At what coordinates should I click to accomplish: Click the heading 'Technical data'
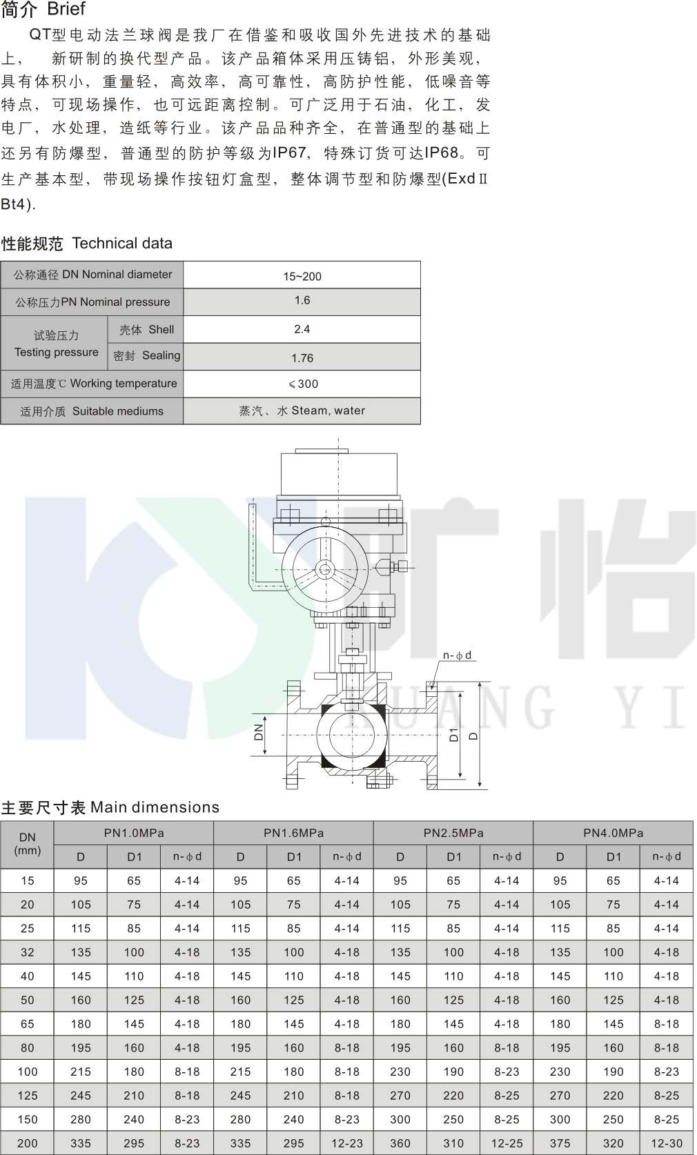[121, 244]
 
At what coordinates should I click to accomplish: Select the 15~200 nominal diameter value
[302, 277]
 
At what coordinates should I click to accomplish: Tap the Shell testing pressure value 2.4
[302, 329]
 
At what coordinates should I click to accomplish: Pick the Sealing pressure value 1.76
[302, 358]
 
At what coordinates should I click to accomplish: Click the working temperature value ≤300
[304, 384]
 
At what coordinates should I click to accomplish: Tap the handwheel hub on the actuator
[324, 569]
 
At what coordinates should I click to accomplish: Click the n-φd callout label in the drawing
[457, 655]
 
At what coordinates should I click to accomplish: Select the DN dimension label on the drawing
[259, 732]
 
